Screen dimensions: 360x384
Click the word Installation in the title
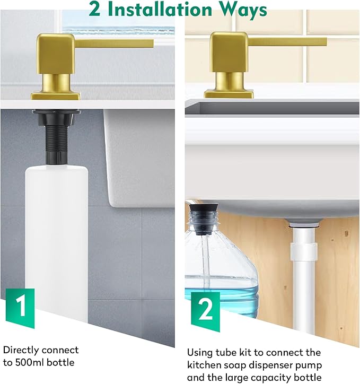click(160, 10)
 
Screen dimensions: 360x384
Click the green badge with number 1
click(20, 308)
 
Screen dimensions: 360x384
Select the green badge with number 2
click(205, 311)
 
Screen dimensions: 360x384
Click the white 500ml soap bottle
click(57, 242)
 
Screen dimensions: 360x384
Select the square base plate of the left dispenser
click(56, 95)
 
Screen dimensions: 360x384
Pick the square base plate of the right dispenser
click(229, 94)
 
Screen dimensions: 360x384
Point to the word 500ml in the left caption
click(30, 362)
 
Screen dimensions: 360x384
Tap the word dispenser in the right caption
click(276, 365)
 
